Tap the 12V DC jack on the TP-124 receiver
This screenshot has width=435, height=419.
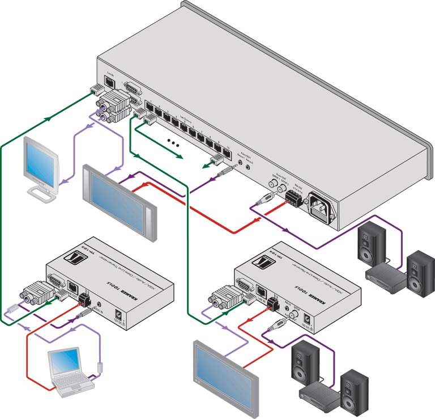tap(309, 320)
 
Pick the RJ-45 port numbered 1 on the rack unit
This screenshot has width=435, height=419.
tap(149, 106)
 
